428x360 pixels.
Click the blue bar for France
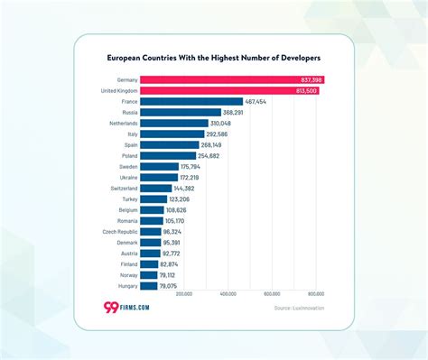click(x=204, y=102)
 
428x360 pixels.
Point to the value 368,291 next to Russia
click(x=233, y=113)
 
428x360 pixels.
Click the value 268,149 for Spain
click(x=211, y=144)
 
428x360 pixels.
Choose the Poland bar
click(x=181, y=155)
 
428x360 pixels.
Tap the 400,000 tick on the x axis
click(x=228, y=294)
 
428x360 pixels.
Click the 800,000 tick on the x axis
click(x=316, y=294)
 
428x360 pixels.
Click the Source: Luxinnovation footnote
click(x=299, y=309)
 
